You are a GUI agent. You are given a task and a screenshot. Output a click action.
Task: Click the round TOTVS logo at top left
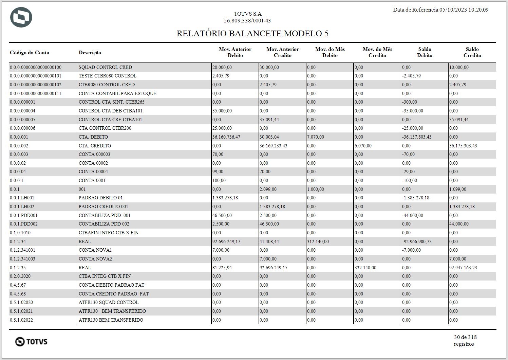[x=21, y=17]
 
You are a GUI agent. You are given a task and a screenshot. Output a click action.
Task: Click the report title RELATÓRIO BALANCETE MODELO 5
[x=252, y=34]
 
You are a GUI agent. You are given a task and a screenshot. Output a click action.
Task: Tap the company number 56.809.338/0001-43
[x=247, y=21]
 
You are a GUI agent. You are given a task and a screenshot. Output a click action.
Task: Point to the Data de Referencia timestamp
[x=440, y=10]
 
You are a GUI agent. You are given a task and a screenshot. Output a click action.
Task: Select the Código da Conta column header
[x=30, y=53]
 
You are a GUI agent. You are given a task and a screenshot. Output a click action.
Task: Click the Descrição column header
[x=90, y=53]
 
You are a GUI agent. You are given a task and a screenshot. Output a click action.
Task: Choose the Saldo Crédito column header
[x=472, y=52]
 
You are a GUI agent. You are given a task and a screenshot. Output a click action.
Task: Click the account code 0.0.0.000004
[x=22, y=111]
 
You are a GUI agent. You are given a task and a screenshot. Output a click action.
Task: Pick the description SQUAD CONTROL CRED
[x=105, y=67]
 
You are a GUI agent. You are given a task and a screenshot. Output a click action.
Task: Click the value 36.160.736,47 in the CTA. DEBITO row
[x=226, y=137]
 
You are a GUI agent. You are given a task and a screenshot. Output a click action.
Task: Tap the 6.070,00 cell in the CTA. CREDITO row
[x=363, y=146]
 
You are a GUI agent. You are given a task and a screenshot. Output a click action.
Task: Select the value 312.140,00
[x=318, y=241]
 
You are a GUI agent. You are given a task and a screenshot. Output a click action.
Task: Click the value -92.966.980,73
[x=417, y=241]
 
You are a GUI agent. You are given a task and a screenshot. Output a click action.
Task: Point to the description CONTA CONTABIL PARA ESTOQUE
[x=117, y=93]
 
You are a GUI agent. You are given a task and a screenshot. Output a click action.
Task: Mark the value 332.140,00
[x=365, y=268]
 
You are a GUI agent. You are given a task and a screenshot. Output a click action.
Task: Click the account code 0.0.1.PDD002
[x=24, y=224]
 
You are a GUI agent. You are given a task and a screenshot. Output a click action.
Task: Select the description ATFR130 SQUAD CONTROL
[x=109, y=302]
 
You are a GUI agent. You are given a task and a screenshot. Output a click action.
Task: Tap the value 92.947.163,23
[x=463, y=268]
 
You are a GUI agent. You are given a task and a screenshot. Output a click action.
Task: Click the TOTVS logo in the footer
[x=31, y=341]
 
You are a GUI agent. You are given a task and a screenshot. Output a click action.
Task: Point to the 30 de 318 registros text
[x=465, y=340]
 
